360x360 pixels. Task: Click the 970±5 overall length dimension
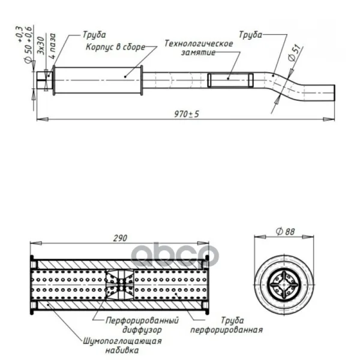(x=187, y=114)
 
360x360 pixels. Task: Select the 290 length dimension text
(x=120, y=238)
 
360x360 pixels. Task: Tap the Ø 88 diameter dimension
(x=285, y=232)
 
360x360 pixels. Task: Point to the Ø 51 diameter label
(x=295, y=53)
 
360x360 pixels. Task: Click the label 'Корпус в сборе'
(x=115, y=47)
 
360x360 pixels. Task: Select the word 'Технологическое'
(x=199, y=43)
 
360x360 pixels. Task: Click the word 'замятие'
(x=199, y=53)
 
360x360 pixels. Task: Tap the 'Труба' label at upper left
(x=94, y=35)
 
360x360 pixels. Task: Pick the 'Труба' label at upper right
(x=250, y=35)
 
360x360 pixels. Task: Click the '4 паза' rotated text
(x=52, y=46)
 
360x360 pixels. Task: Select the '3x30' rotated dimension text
(x=41, y=45)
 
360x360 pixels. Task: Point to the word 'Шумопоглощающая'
(x=122, y=341)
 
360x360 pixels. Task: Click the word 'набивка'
(x=122, y=350)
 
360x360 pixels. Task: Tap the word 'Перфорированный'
(x=142, y=320)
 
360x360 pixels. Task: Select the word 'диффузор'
(x=142, y=330)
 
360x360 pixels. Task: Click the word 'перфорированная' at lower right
(x=226, y=330)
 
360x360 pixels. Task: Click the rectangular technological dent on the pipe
(x=230, y=80)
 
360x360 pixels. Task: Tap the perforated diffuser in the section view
(x=119, y=285)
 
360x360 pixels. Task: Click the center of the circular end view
(x=284, y=284)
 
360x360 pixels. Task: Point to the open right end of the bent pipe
(x=334, y=93)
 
